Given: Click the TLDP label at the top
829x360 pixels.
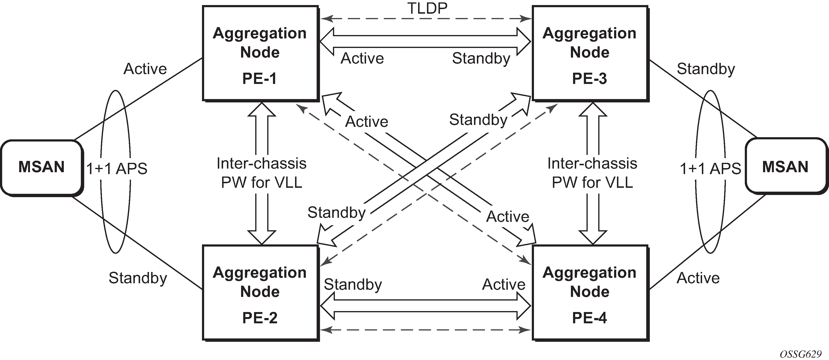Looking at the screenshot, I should click(427, 8).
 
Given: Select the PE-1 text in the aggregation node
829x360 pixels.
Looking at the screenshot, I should click(259, 78).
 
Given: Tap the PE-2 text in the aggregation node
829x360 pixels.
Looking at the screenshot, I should click(259, 318).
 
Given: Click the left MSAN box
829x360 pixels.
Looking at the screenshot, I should click(41, 167).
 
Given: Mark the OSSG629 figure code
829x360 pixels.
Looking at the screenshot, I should click(801, 354).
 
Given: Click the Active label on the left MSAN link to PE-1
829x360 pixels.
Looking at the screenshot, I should click(145, 69).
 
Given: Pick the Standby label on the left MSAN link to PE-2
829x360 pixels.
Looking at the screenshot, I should click(138, 278).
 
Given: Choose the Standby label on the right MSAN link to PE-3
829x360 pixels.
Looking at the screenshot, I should click(706, 69).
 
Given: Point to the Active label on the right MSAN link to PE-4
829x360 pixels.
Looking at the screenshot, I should click(698, 278).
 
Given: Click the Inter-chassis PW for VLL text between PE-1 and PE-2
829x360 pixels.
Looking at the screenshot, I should click(261, 173).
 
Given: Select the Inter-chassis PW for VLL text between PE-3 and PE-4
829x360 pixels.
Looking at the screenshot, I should click(592, 173).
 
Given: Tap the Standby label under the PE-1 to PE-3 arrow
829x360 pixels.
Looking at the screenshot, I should click(481, 59).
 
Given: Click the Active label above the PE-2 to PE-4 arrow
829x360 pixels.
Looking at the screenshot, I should click(504, 284).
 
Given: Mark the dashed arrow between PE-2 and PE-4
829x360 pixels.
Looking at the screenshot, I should click(425, 330).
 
